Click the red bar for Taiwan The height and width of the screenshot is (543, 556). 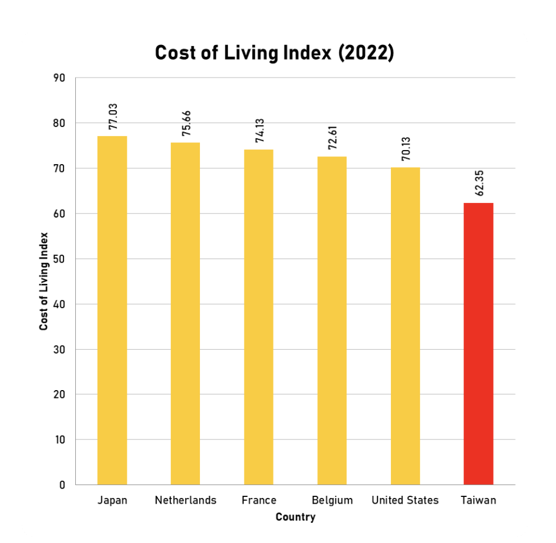tap(478, 343)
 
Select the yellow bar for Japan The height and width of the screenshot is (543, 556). tap(112, 310)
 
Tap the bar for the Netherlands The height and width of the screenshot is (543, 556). tap(185, 314)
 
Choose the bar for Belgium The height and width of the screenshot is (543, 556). tap(332, 320)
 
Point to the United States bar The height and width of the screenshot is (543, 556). tap(405, 326)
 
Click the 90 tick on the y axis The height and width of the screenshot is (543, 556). tap(60, 78)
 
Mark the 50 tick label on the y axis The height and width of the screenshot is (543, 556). tap(60, 259)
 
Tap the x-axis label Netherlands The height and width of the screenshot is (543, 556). tap(185, 500)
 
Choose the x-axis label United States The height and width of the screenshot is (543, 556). tap(405, 500)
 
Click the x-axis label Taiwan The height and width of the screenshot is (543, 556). tap(478, 500)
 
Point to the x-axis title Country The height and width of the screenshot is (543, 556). tap(295, 517)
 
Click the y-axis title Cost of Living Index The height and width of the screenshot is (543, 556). tap(44, 281)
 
